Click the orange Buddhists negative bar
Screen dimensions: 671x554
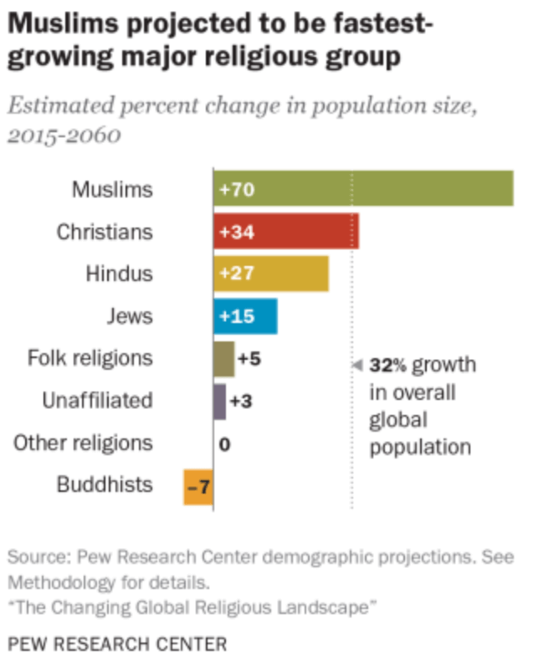[x=197, y=485]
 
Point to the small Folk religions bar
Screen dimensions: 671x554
[x=223, y=358]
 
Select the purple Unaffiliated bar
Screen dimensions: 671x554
[x=219, y=401]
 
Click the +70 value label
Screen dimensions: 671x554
[x=236, y=189]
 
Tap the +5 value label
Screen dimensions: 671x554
[x=249, y=358]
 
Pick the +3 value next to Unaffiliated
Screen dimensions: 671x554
[x=241, y=401]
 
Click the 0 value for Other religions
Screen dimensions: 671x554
[x=224, y=443]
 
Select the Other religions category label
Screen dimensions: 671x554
[x=83, y=443]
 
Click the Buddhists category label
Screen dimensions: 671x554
[x=105, y=484]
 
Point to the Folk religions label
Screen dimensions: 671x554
[x=90, y=358]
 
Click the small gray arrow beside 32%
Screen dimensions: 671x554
[x=356, y=366]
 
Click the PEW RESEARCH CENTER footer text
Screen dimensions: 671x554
[x=117, y=643]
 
